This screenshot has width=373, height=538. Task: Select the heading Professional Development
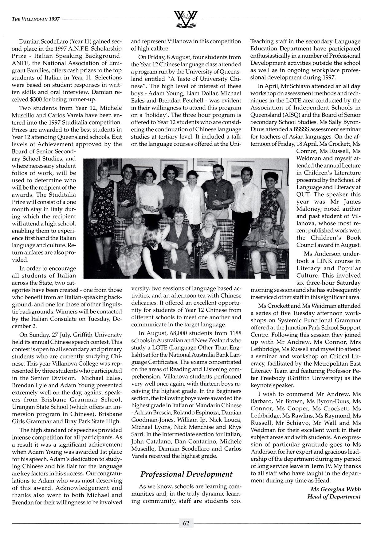pos(186,474)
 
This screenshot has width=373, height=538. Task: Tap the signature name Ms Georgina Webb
pos(336,489)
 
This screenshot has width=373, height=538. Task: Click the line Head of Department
pos(334,497)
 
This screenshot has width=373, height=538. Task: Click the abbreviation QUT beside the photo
pos(303,195)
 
